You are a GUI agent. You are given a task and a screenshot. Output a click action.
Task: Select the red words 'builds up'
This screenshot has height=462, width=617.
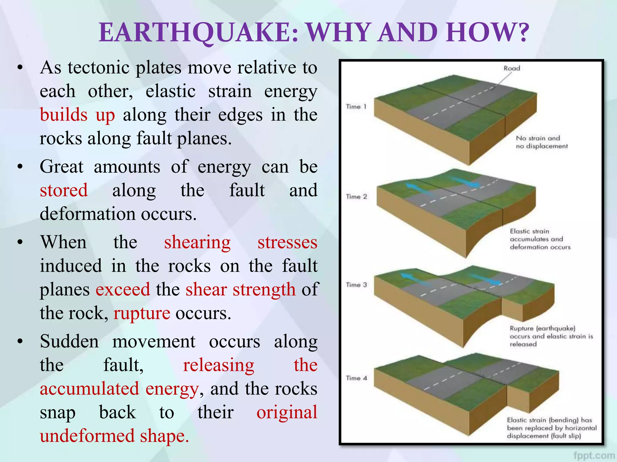coord(77,115)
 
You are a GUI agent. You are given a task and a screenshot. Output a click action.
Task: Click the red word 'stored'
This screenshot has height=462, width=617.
coord(64,190)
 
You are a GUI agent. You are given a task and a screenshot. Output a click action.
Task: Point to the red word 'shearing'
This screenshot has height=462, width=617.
coord(197,242)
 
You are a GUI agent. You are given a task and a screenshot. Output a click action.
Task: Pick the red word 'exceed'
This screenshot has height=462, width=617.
coord(123,290)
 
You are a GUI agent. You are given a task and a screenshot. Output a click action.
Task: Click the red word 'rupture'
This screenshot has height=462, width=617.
coord(142,313)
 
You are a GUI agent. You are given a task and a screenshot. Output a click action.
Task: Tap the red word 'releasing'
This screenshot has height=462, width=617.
coord(218,365)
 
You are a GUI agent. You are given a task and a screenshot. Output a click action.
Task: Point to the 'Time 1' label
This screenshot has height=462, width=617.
coord(356,107)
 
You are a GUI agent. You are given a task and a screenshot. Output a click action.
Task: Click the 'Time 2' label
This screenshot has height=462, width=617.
coord(356,197)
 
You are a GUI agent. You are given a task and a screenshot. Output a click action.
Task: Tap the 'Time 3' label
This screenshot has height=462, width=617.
coord(356,285)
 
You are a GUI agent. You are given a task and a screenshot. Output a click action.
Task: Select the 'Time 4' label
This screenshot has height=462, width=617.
coord(356,378)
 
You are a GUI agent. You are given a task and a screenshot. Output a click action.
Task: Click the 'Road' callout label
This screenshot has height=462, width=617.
coord(512,68)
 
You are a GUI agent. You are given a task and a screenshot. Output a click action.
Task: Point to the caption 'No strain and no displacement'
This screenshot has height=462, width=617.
coord(541,142)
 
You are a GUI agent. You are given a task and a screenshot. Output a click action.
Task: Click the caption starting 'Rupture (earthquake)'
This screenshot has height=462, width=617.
coord(551,336)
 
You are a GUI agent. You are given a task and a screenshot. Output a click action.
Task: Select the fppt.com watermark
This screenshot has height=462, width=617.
coord(594,456)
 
